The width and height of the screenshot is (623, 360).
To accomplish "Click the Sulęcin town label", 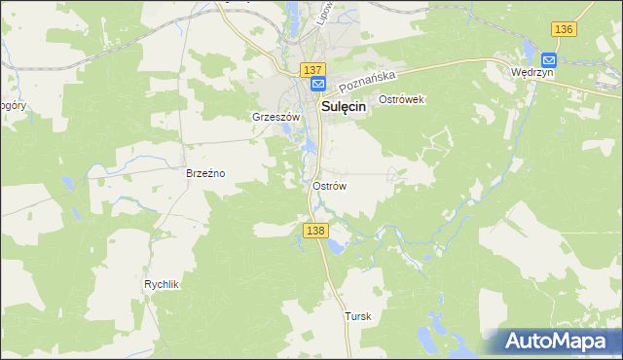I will [x=339, y=108].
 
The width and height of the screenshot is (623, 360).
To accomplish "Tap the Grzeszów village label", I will [x=273, y=117].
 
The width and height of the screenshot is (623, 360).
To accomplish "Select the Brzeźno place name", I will [x=205, y=173].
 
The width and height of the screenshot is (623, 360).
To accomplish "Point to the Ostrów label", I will [x=330, y=185].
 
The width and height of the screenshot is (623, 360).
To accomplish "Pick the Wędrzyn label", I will [x=532, y=73].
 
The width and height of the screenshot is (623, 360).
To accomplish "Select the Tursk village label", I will [x=358, y=316].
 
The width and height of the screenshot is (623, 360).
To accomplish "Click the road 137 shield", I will [x=311, y=70].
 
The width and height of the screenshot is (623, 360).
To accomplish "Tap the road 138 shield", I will [x=313, y=230].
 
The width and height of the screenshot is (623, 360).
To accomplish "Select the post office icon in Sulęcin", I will [x=318, y=86].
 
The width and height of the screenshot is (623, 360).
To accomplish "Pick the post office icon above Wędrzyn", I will [x=547, y=57].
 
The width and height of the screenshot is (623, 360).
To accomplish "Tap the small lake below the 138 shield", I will [x=336, y=246].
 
